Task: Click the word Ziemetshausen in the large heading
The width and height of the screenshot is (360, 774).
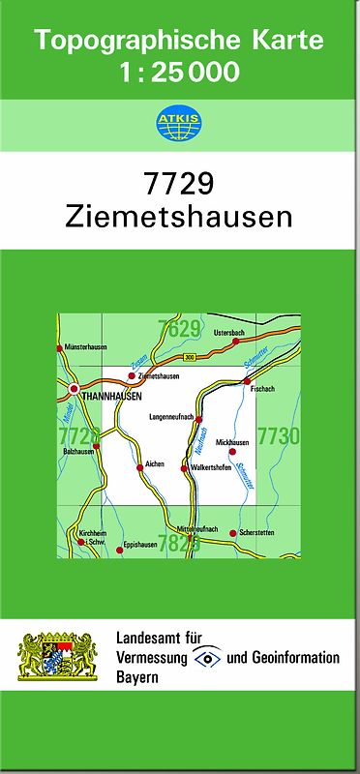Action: pos(179,216)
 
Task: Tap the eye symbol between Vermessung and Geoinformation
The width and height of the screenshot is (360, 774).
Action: pos(207,657)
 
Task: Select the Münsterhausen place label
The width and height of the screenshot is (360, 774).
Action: pos(85,347)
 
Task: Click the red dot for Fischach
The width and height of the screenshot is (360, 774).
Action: pos(248,382)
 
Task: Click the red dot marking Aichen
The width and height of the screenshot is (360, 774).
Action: pos(140,466)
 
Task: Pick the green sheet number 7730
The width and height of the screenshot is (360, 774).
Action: pos(278,436)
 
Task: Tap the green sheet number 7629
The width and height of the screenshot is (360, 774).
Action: pos(180,329)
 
